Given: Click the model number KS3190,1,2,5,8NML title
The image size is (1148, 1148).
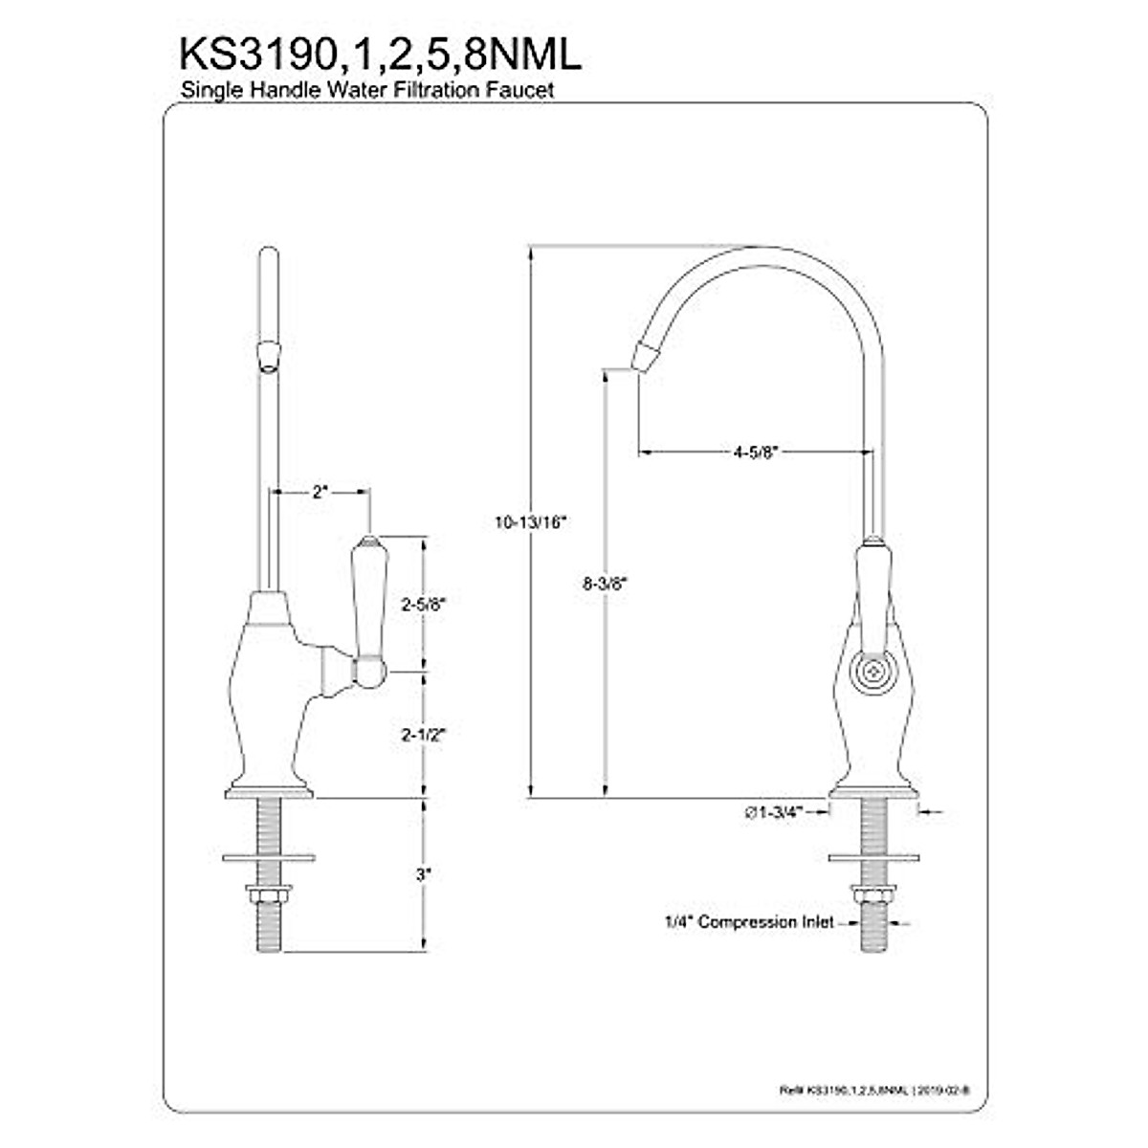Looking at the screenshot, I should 380,55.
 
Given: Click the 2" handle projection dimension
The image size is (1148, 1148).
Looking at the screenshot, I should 320,493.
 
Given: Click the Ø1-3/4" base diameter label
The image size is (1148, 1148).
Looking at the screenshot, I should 772,812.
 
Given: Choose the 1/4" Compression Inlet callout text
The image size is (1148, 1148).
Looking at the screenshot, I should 744,923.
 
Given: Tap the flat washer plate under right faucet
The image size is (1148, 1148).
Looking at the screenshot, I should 872,855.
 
